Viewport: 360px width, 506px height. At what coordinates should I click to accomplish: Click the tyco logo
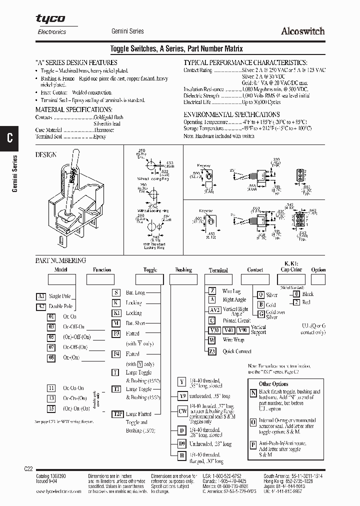coord(50,18)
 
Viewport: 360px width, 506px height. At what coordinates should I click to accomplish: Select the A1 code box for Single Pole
coord(41,296)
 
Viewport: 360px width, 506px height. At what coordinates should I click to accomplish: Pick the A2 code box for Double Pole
coord(41,306)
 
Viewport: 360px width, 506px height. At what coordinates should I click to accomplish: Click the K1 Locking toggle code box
coord(116,313)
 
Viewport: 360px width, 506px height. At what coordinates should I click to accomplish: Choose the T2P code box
coord(117,414)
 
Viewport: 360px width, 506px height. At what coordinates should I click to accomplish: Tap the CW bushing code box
coord(182,410)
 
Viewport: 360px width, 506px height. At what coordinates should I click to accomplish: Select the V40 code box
coord(228,330)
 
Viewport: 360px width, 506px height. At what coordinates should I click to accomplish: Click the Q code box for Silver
coord(260,295)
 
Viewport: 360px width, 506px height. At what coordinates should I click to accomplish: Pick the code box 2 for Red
coord(296,302)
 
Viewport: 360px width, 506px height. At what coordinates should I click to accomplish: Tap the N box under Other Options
coord(253,393)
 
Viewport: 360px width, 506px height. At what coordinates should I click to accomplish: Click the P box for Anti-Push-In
coord(253,444)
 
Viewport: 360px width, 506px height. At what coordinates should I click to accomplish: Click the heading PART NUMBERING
coord(60,260)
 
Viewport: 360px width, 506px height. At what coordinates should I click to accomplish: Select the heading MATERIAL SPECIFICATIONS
coord(73,109)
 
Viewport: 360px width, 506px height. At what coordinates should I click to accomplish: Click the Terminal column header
coord(218,270)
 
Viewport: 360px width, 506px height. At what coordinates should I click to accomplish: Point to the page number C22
coord(28,468)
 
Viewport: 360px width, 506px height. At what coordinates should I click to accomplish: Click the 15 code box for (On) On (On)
coord(51,408)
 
